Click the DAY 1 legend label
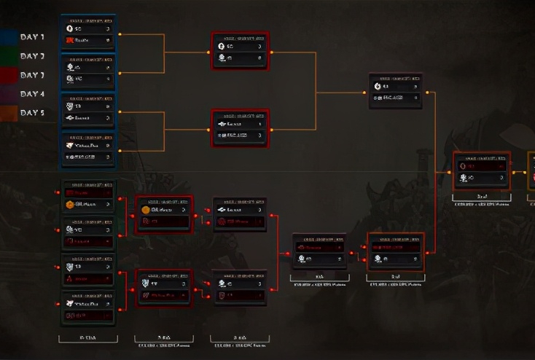click(x=32, y=37)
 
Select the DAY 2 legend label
click(x=32, y=56)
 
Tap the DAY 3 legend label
click(x=32, y=75)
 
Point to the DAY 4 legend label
click(x=32, y=94)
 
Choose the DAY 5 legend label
click(x=32, y=113)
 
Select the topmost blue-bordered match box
click(x=88, y=33)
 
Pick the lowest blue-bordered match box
click(x=88, y=150)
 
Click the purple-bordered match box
click(x=396, y=90)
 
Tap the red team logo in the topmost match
click(x=70, y=40)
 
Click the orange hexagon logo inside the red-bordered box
click(x=146, y=210)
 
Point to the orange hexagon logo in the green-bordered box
click(x=70, y=205)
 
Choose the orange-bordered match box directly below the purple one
click(x=396, y=251)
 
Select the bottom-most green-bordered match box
click(x=88, y=309)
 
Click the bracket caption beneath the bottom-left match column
click(x=88, y=339)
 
